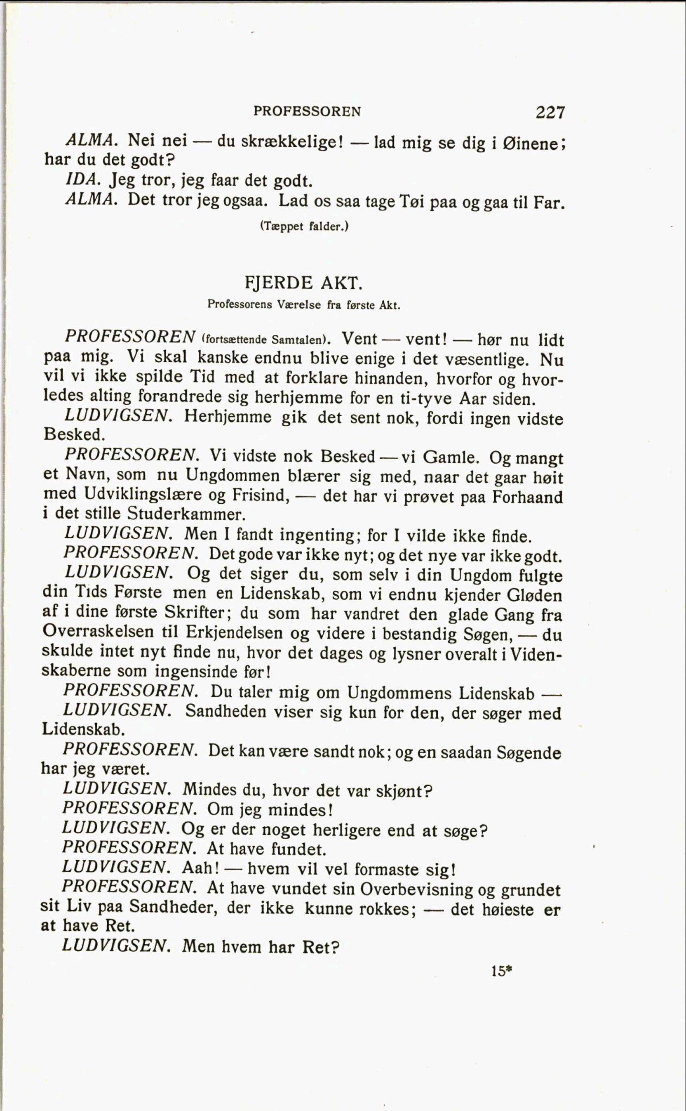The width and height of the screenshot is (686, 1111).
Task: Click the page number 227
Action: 550,112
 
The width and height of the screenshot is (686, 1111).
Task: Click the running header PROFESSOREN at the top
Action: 307,111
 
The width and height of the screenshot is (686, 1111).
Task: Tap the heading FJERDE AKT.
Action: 303,283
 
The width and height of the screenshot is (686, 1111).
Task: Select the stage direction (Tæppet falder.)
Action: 303,226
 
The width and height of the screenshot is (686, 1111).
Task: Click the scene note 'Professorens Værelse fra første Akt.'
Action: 303,304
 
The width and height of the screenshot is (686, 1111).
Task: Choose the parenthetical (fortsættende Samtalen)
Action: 264,340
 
